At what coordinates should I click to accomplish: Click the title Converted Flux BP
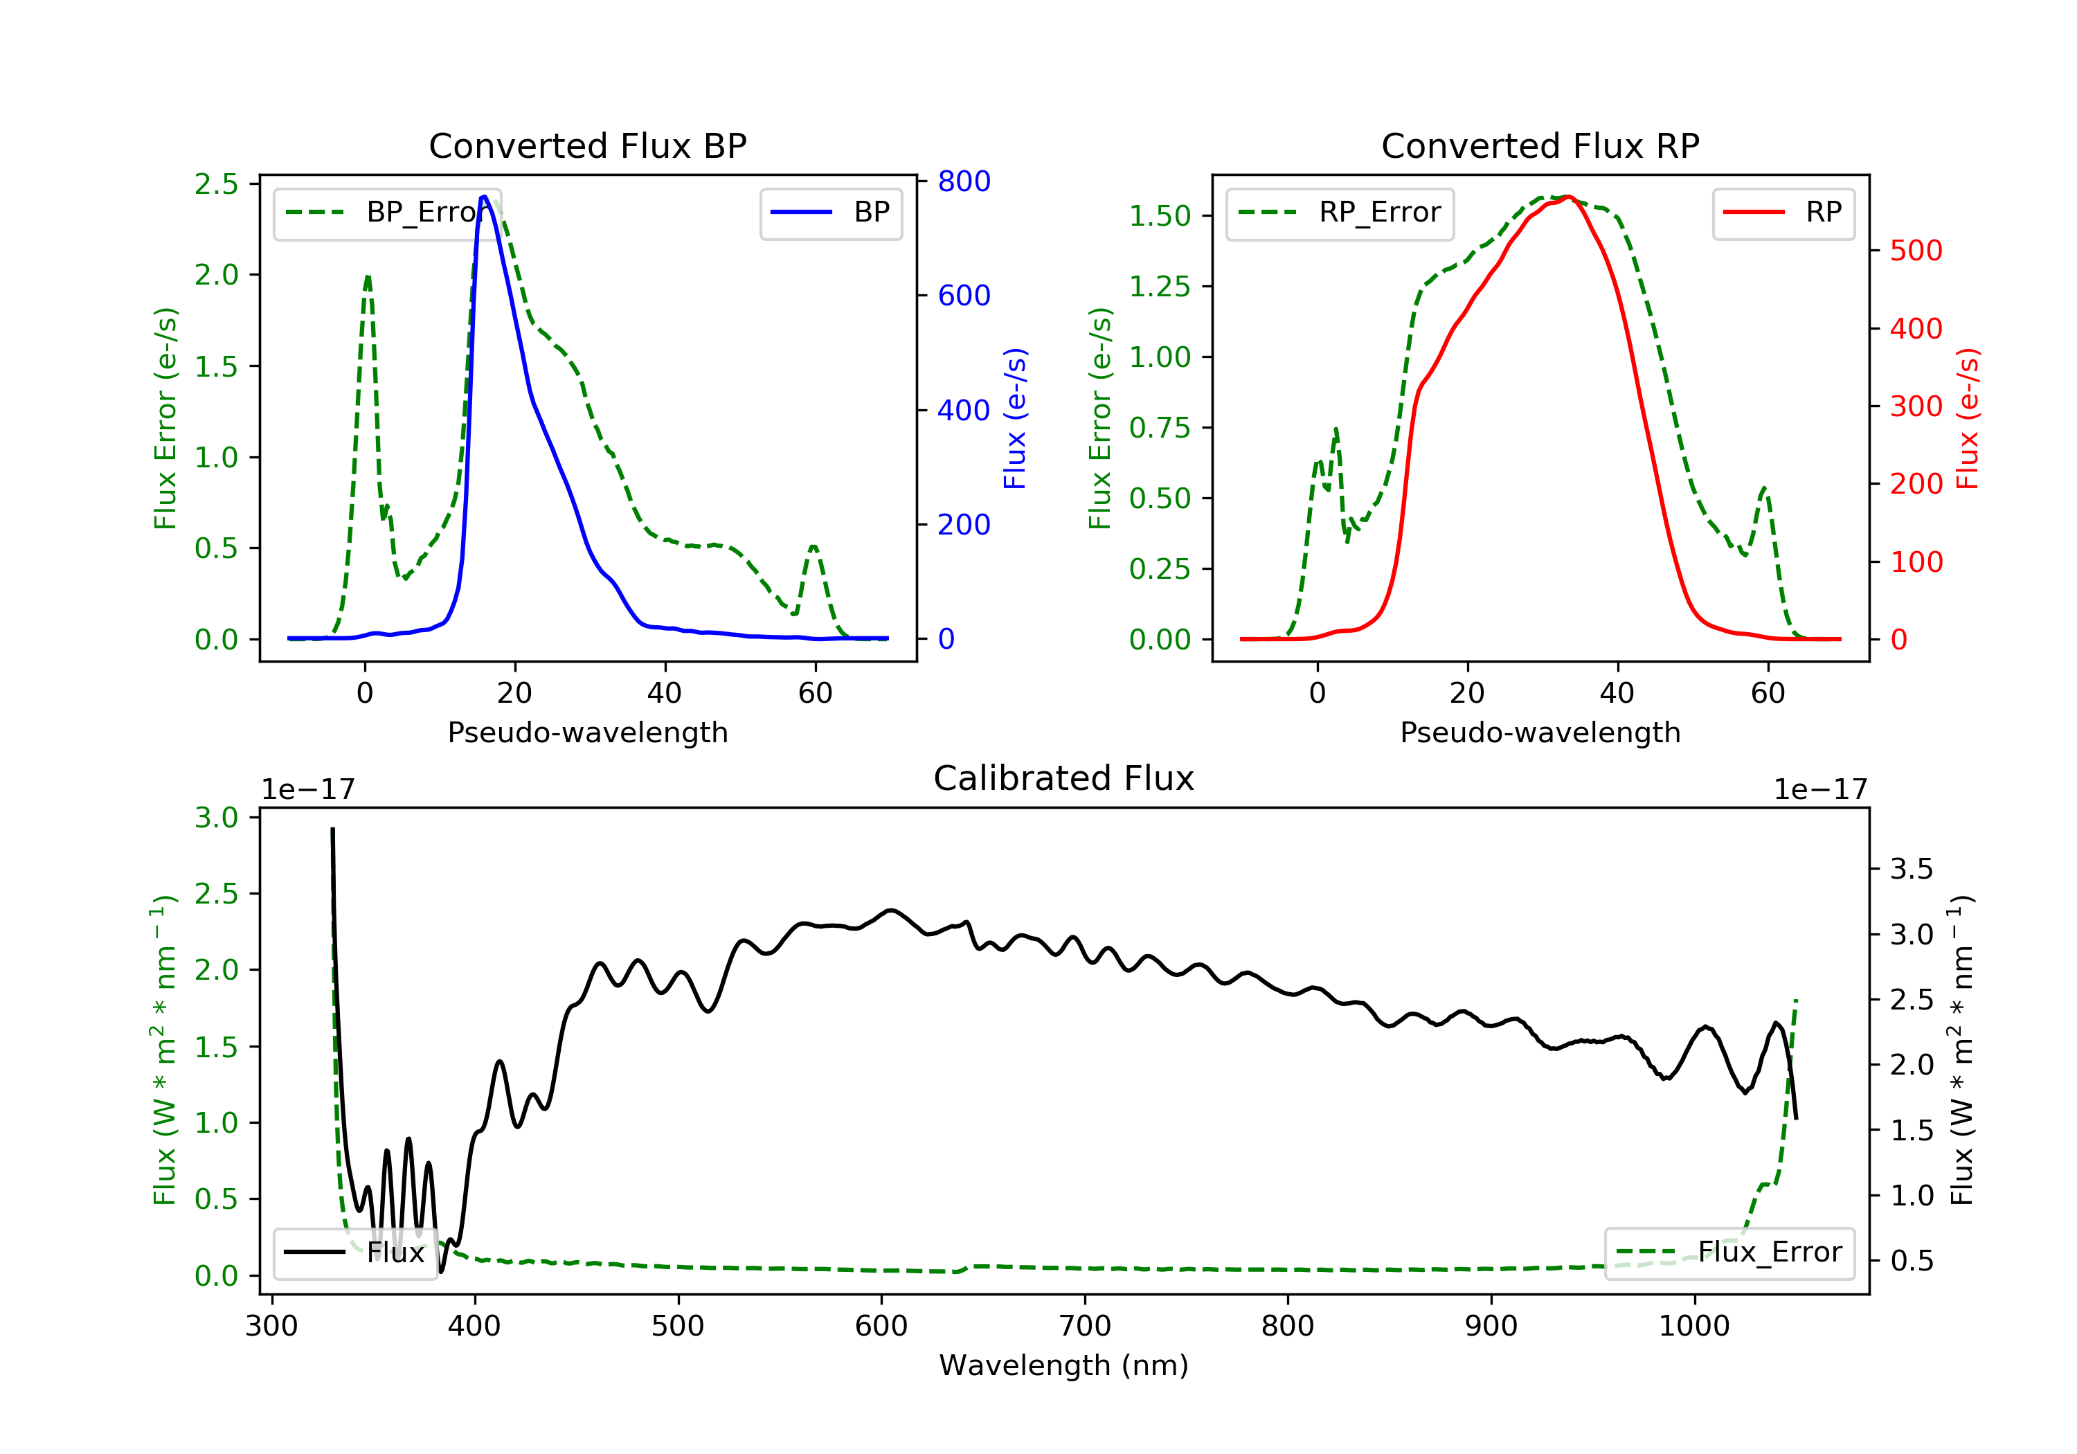[x=587, y=145]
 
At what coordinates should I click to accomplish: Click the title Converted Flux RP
[x=1540, y=145]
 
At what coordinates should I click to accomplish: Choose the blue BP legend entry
[x=830, y=213]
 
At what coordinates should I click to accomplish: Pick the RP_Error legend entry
[x=1340, y=213]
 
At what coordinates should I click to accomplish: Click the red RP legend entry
[x=1782, y=213]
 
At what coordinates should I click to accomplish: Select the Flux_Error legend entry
[x=1729, y=1253]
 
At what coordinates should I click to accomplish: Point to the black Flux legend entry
[x=354, y=1253]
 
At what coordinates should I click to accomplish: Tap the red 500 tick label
[x=1916, y=251]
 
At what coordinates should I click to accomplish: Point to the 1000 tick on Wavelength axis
[x=1693, y=1327]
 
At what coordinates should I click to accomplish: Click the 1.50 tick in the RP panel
[x=1160, y=216]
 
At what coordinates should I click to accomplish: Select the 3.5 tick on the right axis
[x=1911, y=870]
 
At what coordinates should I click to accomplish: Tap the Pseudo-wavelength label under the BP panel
[x=587, y=733]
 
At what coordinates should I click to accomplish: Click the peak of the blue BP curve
[x=485, y=197]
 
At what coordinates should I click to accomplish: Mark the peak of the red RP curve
[x=1567, y=197]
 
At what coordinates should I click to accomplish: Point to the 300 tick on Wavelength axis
[x=271, y=1327]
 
